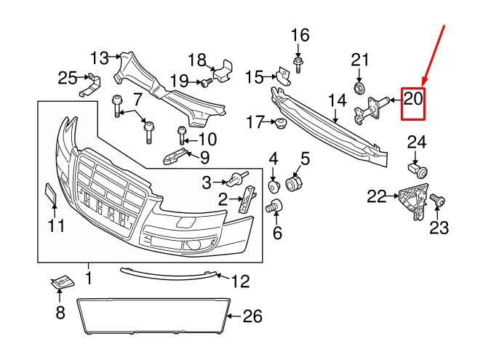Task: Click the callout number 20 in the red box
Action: pyautogui.click(x=413, y=98)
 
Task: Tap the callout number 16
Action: pyautogui.click(x=300, y=35)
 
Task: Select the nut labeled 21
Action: pyautogui.click(x=359, y=89)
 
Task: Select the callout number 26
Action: pyautogui.click(x=252, y=316)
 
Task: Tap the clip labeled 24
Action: pyautogui.click(x=418, y=172)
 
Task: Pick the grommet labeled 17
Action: pyautogui.click(x=279, y=123)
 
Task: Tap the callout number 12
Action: pyautogui.click(x=240, y=280)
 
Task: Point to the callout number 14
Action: pyautogui.click(x=337, y=101)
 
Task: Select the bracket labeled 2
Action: pyautogui.click(x=247, y=197)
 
